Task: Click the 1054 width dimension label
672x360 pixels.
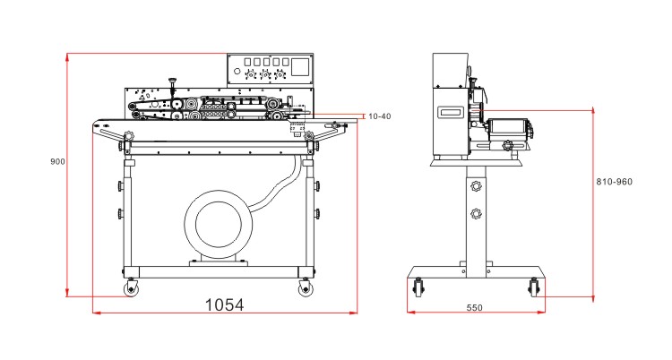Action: coord(225,304)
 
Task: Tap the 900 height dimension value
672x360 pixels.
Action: coord(57,162)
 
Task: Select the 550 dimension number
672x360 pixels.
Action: coord(474,308)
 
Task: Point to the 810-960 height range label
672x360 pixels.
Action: coord(614,182)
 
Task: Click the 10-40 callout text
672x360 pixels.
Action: coord(379,116)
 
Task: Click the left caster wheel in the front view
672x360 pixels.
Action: coord(132,288)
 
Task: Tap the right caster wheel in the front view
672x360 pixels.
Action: coord(305,288)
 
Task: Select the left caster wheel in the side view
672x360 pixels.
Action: coord(418,289)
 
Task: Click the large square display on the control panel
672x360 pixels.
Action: coord(300,67)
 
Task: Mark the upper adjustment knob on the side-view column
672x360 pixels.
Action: coord(475,187)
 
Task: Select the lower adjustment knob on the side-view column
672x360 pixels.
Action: coord(475,214)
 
